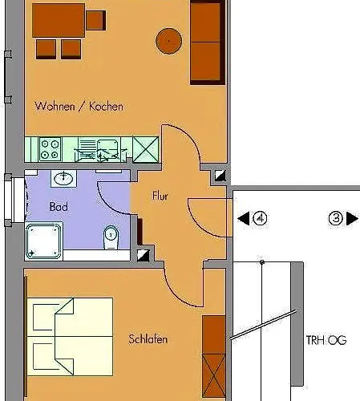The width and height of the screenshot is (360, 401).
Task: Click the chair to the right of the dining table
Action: tap(95, 19)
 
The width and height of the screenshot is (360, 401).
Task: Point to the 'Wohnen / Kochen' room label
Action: tap(79, 106)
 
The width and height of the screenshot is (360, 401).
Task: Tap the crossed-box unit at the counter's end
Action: tap(145, 148)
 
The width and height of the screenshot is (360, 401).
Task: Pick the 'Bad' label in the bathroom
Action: tap(58, 207)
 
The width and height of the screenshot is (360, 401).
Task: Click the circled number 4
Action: tap(259, 218)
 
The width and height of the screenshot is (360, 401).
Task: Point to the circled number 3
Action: tap(336, 218)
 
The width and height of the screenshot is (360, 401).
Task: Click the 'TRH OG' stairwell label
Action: tap(326, 340)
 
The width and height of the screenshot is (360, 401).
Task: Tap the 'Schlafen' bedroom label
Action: tap(148, 340)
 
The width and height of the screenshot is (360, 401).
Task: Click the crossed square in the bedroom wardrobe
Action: tap(213, 372)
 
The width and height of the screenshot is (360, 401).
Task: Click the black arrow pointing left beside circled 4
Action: tap(242, 218)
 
